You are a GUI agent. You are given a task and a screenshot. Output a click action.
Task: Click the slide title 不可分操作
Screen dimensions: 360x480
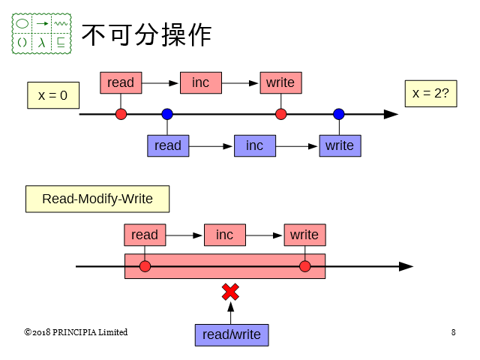[x=145, y=34]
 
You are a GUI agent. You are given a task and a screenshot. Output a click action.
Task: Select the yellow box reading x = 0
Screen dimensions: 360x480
[x=52, y=95]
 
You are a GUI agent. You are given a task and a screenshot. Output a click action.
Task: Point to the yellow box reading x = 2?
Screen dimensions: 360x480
[x=430, y=93]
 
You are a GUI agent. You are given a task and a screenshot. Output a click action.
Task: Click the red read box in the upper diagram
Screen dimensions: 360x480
[x=121, y=82]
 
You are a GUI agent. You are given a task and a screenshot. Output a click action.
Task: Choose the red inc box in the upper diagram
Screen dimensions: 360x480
[x=201, y=82]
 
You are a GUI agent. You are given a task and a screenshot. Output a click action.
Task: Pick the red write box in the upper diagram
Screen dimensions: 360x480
[x=280, y=82]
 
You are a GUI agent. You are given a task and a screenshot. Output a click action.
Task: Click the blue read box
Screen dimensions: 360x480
[x=168, y=145]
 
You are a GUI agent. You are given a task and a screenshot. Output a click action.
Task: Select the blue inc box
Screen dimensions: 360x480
[x=255, y=145]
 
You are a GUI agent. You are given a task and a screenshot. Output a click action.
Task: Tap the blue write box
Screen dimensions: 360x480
[x=340, y=145]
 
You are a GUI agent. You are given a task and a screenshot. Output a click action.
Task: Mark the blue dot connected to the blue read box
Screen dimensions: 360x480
[x=167, y=114]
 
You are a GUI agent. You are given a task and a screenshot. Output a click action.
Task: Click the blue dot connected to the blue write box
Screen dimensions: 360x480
[x=339, y=114]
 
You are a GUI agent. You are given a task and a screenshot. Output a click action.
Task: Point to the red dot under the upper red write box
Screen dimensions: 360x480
[x=280, y=114]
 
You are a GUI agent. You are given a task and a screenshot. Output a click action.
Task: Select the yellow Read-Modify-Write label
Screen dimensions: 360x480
[x=97, y=199]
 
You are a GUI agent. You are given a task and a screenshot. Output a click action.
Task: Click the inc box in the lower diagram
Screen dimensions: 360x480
[x=225, y=235]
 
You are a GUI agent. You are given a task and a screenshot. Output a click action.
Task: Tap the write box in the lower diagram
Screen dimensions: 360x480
[x=304, y=235]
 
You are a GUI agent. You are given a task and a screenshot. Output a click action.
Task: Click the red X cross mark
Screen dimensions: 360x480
[x=230, y=292]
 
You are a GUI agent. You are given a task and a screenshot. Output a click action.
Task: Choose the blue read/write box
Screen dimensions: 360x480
[x=232, y=334]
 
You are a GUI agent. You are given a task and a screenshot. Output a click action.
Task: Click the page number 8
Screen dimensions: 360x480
[x=454, y=332]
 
